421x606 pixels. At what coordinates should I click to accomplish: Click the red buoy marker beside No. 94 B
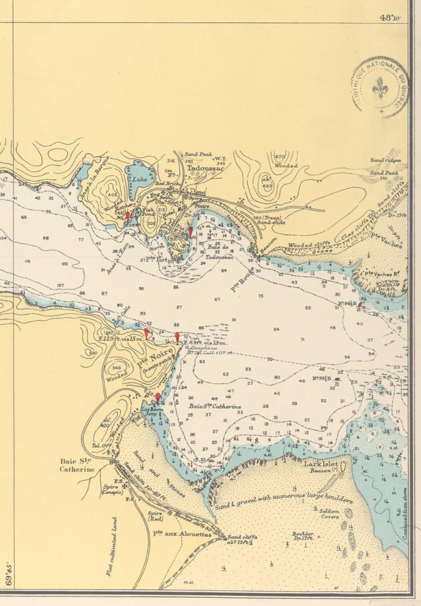point(360,306)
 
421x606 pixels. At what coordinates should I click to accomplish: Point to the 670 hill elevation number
point(279,157)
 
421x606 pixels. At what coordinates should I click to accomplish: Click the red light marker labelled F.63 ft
point(177,338)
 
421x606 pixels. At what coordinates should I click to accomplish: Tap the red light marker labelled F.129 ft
point(147,333)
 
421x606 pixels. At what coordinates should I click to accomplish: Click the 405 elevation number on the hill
point(113,195)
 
